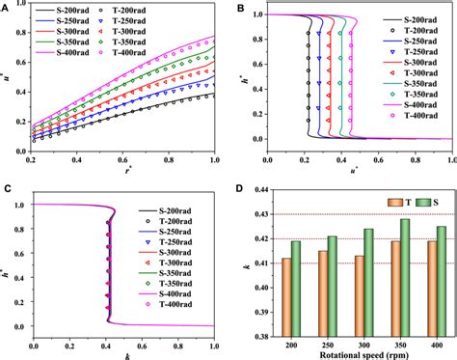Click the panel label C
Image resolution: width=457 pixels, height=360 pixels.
point(8,189)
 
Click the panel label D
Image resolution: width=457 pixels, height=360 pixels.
point(238,189)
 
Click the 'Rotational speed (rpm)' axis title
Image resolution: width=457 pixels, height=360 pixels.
point(353,353)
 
